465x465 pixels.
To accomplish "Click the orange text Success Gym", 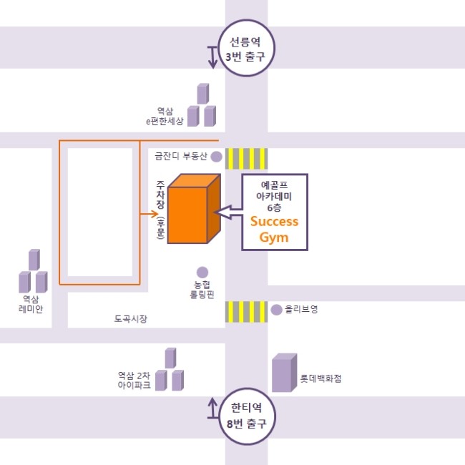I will tap(274, 229).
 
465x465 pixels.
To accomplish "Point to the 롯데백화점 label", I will tap(320, 378).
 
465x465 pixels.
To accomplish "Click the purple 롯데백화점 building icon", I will tap(283, 373).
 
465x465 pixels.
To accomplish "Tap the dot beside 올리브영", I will tap(277, 310).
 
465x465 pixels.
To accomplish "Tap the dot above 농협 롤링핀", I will tap(202, 272).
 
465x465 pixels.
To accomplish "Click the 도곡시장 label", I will tap(130, 318).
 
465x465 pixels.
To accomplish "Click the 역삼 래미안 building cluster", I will tap(33, 272).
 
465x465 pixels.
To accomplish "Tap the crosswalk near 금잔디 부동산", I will tap(247, 158).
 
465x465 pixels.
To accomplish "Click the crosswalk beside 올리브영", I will tap(247, 312).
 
